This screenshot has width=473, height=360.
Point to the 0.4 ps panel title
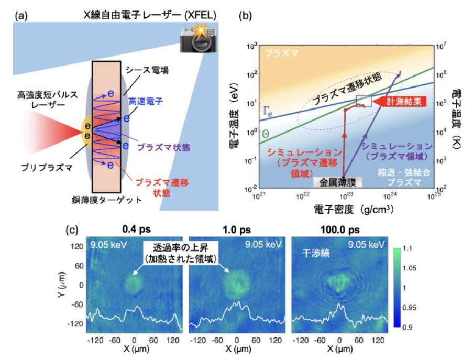(135, 230)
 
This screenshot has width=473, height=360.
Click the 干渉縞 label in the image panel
(314, 253)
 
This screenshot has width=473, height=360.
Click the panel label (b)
(244, 15)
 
